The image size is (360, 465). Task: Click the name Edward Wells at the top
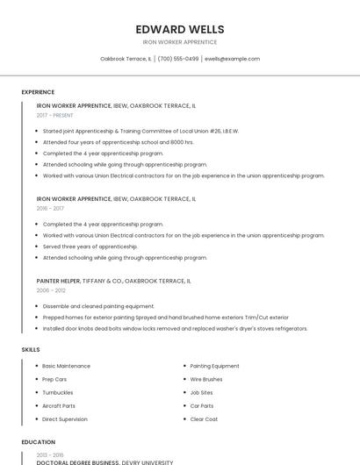pos(180,29)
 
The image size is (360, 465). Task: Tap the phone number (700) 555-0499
pos(178,59)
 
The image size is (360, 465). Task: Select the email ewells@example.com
pos(232,59)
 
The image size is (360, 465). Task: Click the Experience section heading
pos(38,92)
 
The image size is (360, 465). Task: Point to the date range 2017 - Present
pos(55,115)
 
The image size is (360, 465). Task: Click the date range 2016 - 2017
pos(50,209)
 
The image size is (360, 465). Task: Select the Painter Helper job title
pos(58,281)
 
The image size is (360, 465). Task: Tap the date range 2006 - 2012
pos(51,290)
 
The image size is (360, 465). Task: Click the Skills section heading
pos(31,350)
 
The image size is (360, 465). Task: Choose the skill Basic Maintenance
pos(66,366)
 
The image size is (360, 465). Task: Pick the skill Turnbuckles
pos(58,392)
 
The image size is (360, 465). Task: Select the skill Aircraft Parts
pos(59,406)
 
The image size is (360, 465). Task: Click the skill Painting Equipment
pos(214,366)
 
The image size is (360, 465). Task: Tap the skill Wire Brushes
pos(206,379)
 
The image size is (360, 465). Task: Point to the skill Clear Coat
pos(203,419)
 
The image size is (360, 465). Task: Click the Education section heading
pos(39,442)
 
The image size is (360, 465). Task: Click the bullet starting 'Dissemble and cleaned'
pos(93,306)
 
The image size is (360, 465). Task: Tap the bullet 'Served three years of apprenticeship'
pos(90,247)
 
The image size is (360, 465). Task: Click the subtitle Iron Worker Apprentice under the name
pos(180,42)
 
